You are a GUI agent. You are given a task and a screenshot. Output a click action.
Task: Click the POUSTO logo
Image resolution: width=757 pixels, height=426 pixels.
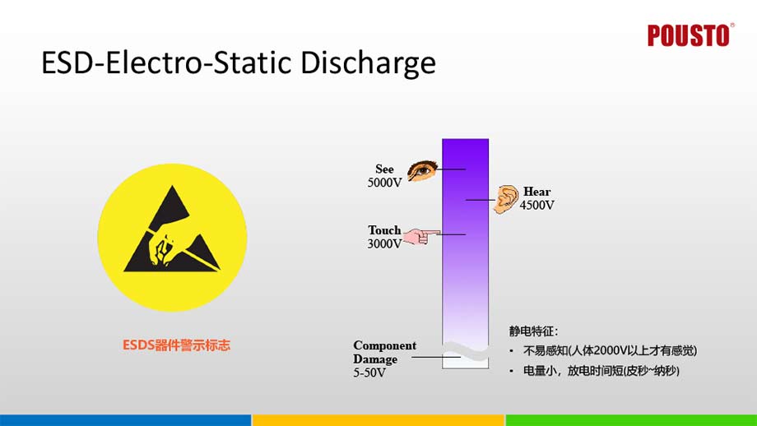pyautogui.click(x=688, y=35)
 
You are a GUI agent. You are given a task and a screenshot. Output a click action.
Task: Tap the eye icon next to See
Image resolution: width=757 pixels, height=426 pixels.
pyautogui.click(x=422, y=170)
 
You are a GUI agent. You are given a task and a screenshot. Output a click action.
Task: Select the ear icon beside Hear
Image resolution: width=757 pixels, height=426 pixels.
pyautogui.click(x=507, y=199)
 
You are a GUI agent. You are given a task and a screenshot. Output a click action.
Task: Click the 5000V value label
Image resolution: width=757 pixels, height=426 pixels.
pyautogui.click(x=384, y=183)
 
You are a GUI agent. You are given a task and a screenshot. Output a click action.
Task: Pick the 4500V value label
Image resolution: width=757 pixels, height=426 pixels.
pyautogui.click(x=536, y=205)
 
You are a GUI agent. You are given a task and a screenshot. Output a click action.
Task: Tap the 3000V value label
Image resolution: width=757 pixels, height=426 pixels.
pyautogui.click(x=384, y=243)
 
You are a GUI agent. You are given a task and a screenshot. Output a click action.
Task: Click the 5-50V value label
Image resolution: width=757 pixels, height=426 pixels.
pyautogui.click(x=369, y=373)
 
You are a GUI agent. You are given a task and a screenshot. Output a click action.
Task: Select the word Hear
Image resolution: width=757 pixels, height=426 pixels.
pyautogui.click(x=536, y=192)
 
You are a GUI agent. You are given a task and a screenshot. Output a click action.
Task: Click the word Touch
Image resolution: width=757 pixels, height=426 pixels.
pyautogui.click(x=384, y=230)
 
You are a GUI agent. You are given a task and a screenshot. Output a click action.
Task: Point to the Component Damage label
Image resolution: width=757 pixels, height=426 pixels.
pyautogui.click(x=384, y=352)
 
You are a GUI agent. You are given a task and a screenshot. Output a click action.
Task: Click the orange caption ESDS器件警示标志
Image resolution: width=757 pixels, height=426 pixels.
pyautogui.click(x=171, y=345)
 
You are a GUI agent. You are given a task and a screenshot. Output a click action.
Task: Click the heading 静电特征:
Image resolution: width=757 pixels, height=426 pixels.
pyautogui.click(x=533, y=331)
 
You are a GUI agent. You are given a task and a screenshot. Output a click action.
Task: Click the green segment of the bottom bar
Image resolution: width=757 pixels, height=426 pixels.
pyautogui.click(x=631, y=419)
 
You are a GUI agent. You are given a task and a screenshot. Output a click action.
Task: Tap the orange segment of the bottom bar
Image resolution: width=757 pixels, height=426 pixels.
pyautogui.click(x=378, y=419)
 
